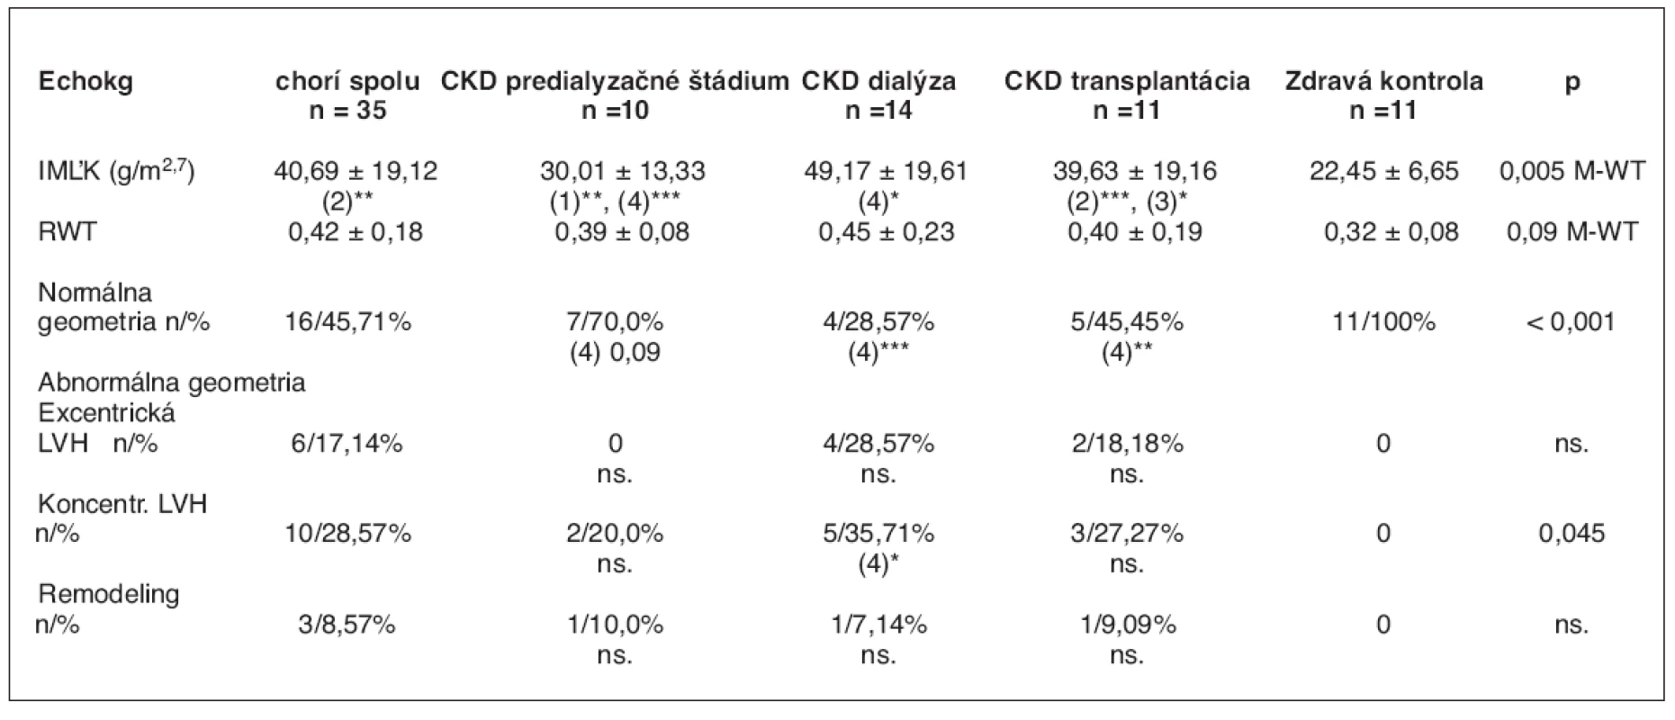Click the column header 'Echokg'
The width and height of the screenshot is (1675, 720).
tap(86, 82)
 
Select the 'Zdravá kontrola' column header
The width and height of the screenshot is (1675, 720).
tap(1383, 82)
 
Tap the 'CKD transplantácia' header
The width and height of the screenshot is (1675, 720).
tap(1127, 82)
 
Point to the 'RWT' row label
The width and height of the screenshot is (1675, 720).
tap(67, 232)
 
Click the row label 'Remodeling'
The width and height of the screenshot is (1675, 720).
tap(108, 594)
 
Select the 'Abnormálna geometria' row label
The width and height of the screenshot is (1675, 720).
tap(172, 382)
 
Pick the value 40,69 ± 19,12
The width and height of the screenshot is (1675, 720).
tap(356, 171)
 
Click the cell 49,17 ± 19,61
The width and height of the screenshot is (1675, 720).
tap(886, 171)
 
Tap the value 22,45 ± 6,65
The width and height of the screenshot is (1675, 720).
tap(1383, 171)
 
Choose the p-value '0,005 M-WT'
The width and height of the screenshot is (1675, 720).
tap(1572, 171)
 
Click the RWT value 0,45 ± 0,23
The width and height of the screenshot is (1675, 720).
tap(886, 232)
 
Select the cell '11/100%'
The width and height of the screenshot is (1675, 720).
tap(1383, 322)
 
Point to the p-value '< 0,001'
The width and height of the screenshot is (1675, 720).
tap(1571, 322)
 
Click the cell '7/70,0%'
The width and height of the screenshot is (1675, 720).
tap(615, 322)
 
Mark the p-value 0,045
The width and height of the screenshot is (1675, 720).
tap(1571, 534)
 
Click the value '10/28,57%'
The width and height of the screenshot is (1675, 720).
tap(347, 534)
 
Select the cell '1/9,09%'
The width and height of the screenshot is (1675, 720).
tap(1127, 625)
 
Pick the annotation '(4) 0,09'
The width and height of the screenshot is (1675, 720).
tap(615, 352)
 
